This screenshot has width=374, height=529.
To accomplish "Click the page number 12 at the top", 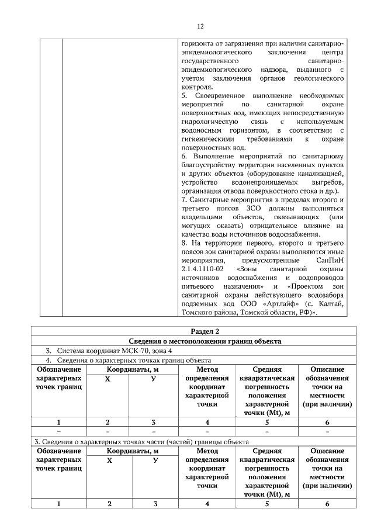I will [200, 27].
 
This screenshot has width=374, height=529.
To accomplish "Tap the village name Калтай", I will [331, 304].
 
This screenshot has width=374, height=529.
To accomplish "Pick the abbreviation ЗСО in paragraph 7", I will [250, 209].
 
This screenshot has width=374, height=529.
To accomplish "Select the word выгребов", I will [325, 183].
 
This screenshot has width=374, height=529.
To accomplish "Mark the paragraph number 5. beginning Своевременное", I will [185, 95].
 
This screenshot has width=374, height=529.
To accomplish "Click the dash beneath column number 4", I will [207, 431].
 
